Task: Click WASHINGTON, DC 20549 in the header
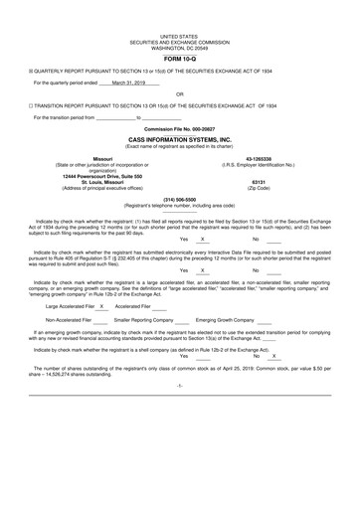(179, 47)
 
